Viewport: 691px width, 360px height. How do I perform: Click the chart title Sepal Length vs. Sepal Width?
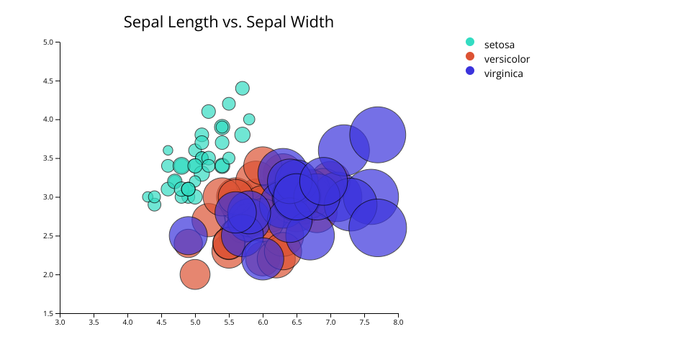[x=228, y=22]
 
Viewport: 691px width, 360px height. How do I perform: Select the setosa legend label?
[x=499, y=45]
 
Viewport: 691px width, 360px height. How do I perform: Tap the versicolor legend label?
[x=507, y=59]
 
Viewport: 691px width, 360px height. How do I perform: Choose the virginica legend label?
[x=503, y=73]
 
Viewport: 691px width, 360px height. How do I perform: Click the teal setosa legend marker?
[x=470, y=42]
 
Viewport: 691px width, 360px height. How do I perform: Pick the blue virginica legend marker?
[x=470, y=71]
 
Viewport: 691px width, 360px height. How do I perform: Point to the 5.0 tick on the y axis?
[x=49, y=42]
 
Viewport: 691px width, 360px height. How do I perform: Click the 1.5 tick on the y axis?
[x=49, y=313]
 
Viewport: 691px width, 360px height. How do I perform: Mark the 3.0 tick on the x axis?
[x=60, y=323]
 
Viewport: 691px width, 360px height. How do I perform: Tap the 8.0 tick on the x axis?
[x=398, y=323]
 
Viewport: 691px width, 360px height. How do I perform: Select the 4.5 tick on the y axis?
[x=49, y=81]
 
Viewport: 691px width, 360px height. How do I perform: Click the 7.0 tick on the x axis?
[x=330, y=323]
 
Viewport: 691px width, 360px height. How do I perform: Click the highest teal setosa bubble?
[x=243, y=89]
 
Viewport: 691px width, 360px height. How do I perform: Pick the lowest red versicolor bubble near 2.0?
[x=194, y=274]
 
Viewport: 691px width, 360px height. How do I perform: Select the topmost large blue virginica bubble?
[x=377, y=135]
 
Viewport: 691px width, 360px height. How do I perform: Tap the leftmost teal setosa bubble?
[x=148, y=197]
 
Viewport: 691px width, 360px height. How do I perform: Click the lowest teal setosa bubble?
[x=154, y=204]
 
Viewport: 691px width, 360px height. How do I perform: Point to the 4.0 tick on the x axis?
[x=127, y=323]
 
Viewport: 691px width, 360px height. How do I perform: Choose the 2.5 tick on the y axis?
[x=49, y=235]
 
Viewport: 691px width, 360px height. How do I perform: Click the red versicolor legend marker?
[x=470, y=56]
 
